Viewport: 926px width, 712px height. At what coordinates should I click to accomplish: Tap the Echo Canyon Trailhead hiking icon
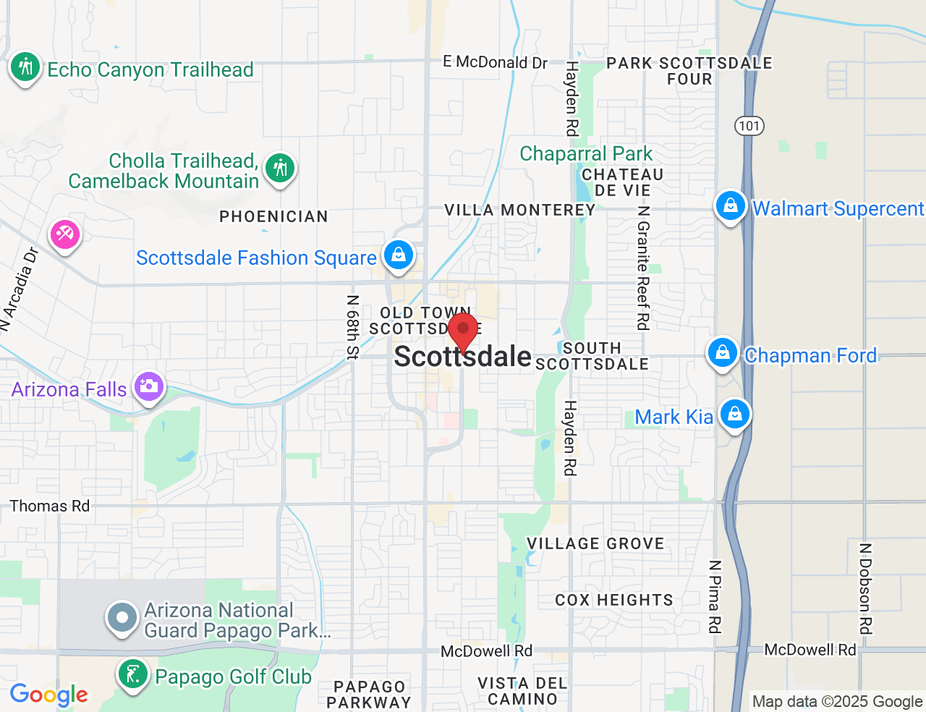click(x=25, y=67)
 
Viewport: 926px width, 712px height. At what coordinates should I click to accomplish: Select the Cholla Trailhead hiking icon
click(x=279, y=169)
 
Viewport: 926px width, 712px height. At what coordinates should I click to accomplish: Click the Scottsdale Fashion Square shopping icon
click(x=399, y=255)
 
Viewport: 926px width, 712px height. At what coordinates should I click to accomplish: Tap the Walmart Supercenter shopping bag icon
click(x=731, y=206)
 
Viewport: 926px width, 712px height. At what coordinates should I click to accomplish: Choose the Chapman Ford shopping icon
click(x=722, y=353)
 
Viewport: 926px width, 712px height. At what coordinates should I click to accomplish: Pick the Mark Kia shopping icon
click(x=735, y=415)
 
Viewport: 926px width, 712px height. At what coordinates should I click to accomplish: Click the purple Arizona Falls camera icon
click(x=149, y=386)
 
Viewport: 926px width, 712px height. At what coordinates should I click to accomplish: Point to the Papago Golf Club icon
click(x=132, y=675)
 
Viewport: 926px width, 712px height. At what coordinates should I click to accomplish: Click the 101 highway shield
click(x=749, y=126)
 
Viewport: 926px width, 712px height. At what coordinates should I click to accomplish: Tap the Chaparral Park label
click(x=586, y=154)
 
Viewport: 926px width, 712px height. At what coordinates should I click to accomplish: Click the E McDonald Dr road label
click(x=495, y=62)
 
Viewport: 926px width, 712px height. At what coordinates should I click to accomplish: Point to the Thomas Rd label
click(x=50, y=507)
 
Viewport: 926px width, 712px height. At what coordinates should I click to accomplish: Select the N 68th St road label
click(x=352, y=327)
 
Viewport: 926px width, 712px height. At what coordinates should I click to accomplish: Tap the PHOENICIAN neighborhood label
click(x=273, y=216)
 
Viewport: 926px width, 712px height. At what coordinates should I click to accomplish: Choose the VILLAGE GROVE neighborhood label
click(x=595, y=544)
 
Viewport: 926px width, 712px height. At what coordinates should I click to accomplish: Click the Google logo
click(x=49, y=695)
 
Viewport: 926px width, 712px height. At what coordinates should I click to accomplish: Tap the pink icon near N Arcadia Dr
click(x=65, y=235)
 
